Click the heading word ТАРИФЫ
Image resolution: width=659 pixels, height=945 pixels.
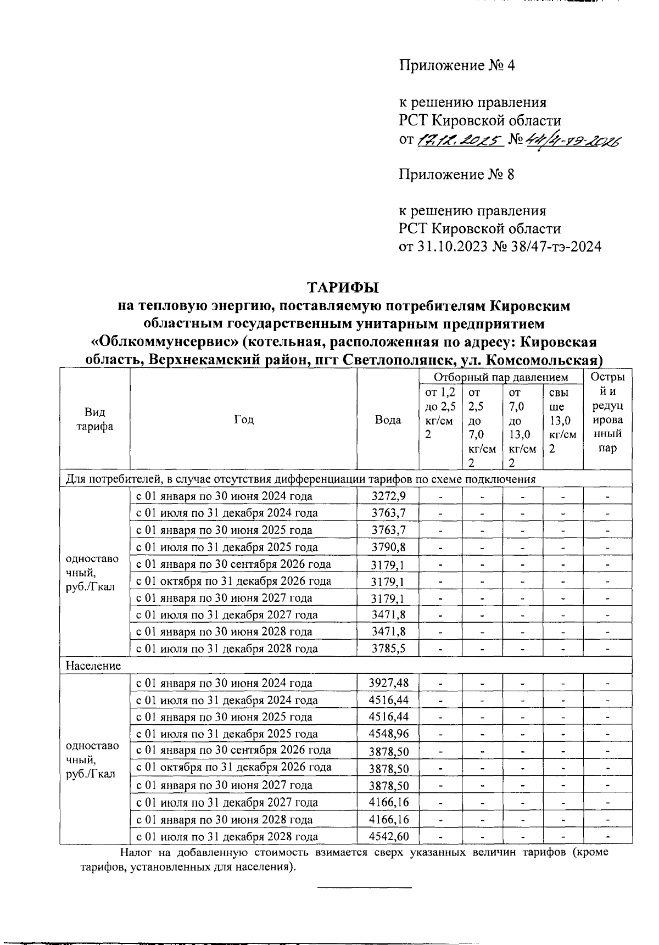point(343,288)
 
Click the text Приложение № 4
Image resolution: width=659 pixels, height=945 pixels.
point(456,66)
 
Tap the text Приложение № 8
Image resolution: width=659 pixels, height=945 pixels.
point(456,175)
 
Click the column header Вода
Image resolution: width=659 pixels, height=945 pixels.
point(388,420)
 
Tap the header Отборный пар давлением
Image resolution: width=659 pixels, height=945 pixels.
point(500,377)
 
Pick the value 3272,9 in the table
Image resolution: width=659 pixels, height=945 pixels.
point(388,496)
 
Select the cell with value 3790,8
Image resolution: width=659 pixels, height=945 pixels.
point(388,547)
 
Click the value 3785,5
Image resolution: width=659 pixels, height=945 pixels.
point(388,649)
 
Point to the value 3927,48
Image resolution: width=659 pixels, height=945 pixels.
point(388,684)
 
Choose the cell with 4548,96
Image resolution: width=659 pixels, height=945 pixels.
point(388,734)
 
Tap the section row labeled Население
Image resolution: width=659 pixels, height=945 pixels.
point(93,666)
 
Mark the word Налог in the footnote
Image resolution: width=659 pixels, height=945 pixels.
point(136,853)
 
